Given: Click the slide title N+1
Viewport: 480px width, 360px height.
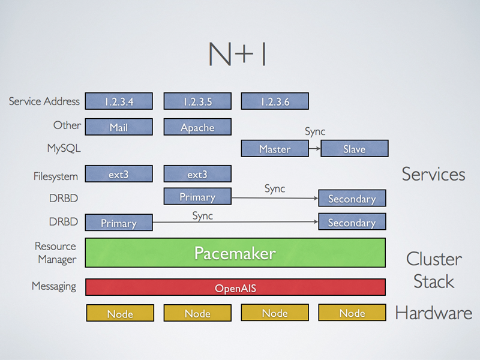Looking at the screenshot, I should pyautogui.click(x=237, y=55).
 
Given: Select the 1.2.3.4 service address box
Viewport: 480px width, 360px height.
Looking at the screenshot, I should pyautogui.click(x=119, y=101).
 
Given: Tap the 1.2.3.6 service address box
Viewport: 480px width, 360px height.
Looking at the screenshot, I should pyautogui.click(x=275, y=101).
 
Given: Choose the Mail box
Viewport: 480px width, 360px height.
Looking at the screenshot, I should pyautogui.click(x=119, y=127).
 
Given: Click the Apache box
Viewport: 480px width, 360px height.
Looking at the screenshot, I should pyautogui.click(x=197, y=127).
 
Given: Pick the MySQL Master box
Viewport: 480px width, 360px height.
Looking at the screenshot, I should pyautogui.click(x=274, y=149).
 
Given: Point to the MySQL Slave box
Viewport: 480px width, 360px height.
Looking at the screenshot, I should pyautogui.click(x=354, y=149).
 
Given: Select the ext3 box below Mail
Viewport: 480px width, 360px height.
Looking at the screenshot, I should pyautogui.click(x=119, y=175).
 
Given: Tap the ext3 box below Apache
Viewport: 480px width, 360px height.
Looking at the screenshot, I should pyautogui.click(x=197, y=175).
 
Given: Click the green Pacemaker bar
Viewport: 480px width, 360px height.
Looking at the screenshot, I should pyautogui.click(x=235, y=253).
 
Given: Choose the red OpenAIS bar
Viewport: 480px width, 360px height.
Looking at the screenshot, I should pyautogui.click(x=235, y=288).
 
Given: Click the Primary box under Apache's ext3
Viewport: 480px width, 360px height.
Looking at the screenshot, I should pyautogui.click(x=197, y=197).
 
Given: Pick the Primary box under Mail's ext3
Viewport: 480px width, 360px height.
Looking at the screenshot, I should pyautogui.click(x=119, y=223).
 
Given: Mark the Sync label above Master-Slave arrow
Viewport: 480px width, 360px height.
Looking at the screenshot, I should pyautogui.click(x=315, y=131).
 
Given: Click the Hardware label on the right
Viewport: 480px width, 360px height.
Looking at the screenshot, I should pyautogui.click(x=433, y=313).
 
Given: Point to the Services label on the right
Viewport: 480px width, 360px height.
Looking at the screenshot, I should pyautogui.click(x=433, y=174).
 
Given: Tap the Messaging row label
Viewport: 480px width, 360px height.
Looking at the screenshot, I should pyautogui.click(x=54, y=286).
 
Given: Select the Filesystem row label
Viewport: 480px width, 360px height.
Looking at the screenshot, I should pyautogui.click(x=56, y=176).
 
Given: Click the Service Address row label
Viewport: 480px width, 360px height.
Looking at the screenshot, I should pyautogui.click(x=44, y=101).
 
